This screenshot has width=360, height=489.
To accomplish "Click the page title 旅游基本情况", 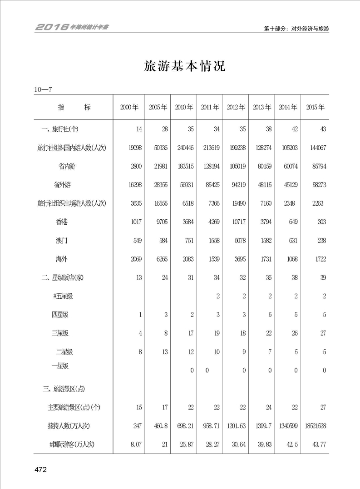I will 184,66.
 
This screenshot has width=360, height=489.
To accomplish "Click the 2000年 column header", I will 129,108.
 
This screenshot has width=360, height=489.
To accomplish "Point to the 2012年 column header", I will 236,108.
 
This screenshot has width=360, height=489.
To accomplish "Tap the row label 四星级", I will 60,315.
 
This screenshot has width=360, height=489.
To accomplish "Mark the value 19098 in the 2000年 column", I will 133,148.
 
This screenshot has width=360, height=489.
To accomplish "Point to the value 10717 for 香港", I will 237,222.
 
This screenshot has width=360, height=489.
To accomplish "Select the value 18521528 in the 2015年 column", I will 315,425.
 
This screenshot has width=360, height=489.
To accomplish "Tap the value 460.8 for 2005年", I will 160,425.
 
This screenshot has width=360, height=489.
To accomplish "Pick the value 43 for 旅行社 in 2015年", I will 323,129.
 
